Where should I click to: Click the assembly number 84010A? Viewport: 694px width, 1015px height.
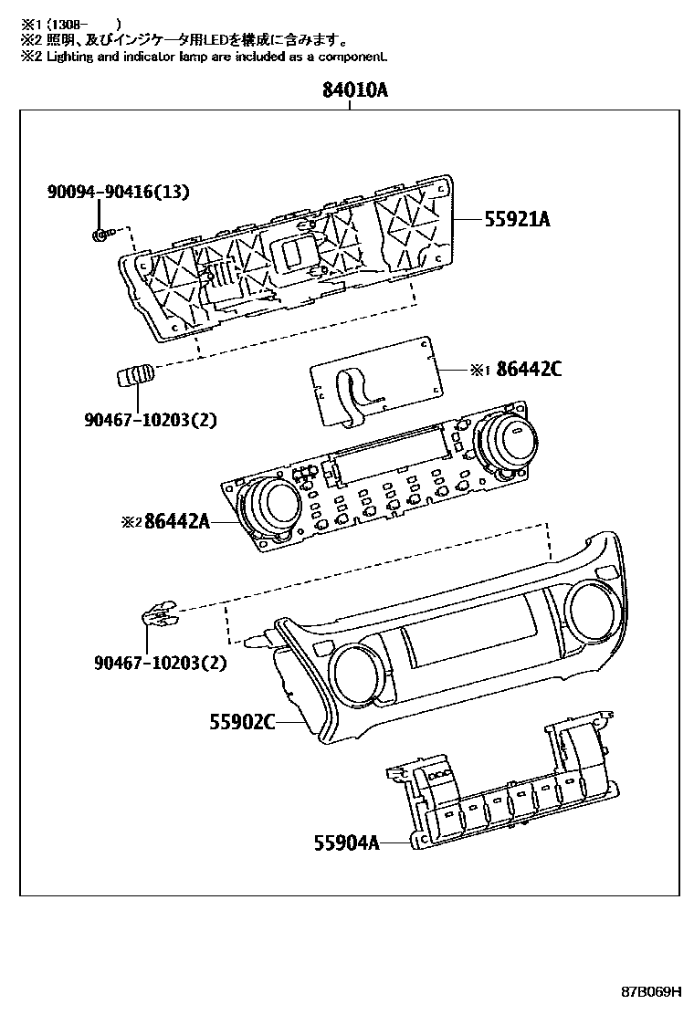coord(354,90)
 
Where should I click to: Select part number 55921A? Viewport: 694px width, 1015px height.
coord(517,219)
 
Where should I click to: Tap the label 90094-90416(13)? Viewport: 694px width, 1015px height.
coord(118,192)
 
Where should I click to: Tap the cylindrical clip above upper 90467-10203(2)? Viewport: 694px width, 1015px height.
coord(133,375)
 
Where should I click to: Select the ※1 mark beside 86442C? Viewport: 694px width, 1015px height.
coord(480,370)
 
